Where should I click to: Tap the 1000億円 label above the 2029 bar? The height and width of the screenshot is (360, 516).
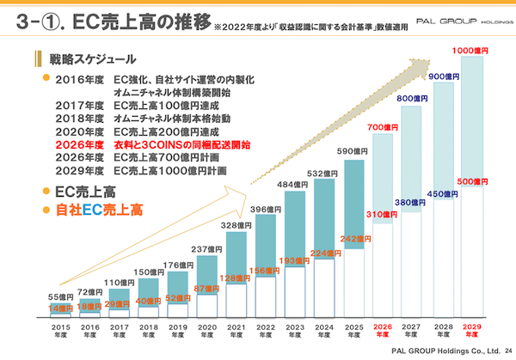point(471,52)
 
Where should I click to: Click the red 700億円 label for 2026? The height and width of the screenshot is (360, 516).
point(384,127)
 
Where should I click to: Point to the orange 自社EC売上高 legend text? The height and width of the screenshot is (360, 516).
point(98,209)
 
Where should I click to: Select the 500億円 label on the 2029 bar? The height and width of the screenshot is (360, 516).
point(471,182)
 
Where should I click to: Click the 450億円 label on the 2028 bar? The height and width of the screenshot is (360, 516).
point(442,193)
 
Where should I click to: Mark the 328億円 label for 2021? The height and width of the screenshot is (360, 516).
point(236,225)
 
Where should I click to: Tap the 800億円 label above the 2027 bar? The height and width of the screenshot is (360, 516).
point(413,99)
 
